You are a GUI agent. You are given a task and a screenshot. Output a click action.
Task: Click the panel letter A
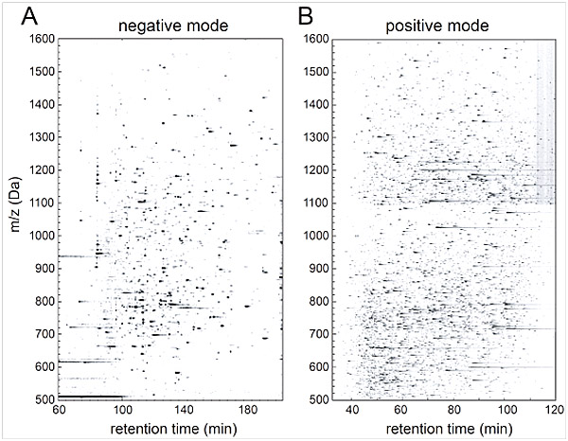click(16, 17)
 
